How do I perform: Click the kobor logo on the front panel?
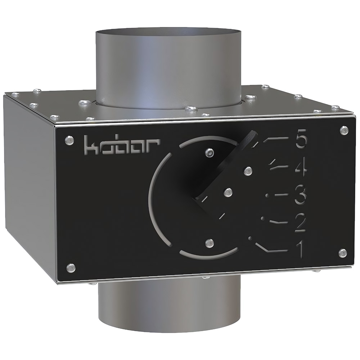pyautogui.click(x=122, y=145)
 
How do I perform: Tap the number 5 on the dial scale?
pyautogui.click(x=301, y=139)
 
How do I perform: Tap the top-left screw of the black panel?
pyautogui.click(x=69, y=140)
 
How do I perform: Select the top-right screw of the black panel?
pyautogui.click(x=344, y=130)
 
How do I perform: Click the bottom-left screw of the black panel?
pyautogui.click(x=71, y=268)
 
